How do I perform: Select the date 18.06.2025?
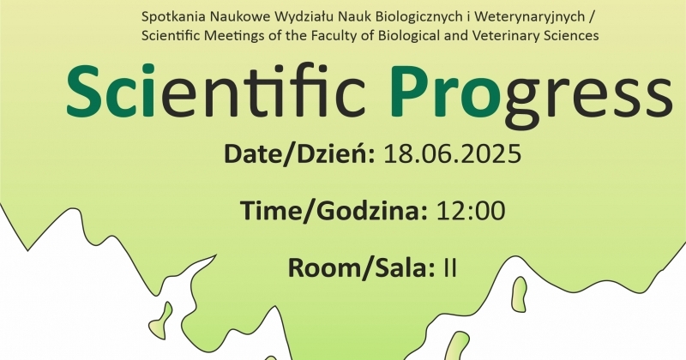pyautogui.click(x=453, y=154)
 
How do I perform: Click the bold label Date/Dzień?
pyautogui.click(x=299, y=154)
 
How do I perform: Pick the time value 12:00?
pyautogui.click(x=471, y=211)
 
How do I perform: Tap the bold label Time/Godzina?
pyautogui.click(x=334, y=211)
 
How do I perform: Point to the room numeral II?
pyautogui.click(x=449, y=267)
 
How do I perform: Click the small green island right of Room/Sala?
pyautogui.click(x=520, y=294)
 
